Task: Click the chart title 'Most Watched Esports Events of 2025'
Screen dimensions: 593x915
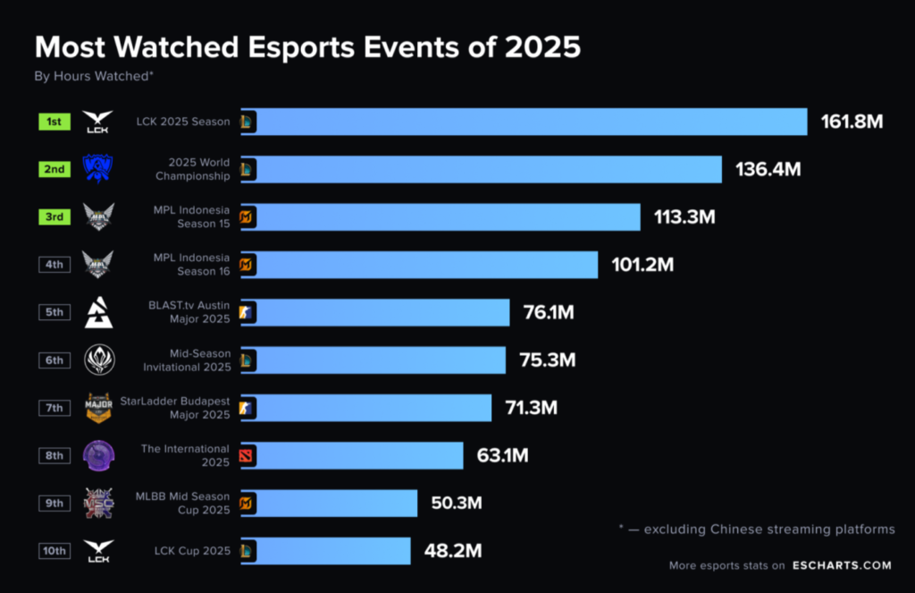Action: click(307, 47)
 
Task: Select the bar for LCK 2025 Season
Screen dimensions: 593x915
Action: click(527, 122)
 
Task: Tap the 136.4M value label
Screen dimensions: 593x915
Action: click(768, 169)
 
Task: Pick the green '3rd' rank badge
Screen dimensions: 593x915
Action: click(55, 216)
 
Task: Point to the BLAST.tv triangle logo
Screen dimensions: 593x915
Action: click(98, 312)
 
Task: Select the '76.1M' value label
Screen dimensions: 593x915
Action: click(548, 312)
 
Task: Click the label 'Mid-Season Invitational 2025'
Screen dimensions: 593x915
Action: click(186, 360)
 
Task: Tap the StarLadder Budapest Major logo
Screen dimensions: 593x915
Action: click(98, 407)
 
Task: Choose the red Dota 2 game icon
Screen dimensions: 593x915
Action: click(246, 456)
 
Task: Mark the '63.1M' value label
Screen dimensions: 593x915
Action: click(502, 455)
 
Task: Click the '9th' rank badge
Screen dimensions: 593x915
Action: click(55, 503)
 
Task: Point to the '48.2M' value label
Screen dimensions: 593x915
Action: click(453, 551)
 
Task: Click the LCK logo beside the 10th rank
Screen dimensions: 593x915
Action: click(98, 551)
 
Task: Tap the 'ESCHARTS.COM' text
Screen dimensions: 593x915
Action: click(841, 565)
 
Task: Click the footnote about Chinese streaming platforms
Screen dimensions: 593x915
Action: click(756, 529)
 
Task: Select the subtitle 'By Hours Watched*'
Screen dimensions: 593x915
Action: click(94, 77)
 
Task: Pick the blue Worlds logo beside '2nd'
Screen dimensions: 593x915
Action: click(98, 169)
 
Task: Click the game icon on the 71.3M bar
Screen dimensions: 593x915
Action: click(246, 408)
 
